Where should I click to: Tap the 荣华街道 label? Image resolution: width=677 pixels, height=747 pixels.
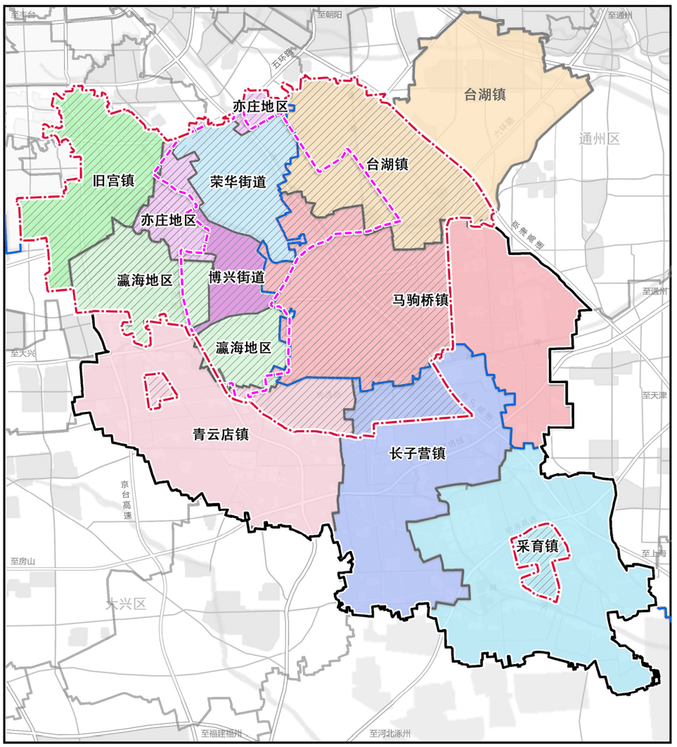238,181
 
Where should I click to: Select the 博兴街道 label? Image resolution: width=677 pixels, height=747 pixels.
236,278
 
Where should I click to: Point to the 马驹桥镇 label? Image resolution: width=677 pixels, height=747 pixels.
420,299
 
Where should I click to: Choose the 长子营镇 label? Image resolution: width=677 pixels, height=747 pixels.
418,453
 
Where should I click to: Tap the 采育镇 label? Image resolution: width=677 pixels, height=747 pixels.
536,546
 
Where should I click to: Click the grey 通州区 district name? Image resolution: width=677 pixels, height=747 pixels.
600,138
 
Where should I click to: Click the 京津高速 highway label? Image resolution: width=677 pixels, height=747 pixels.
527,234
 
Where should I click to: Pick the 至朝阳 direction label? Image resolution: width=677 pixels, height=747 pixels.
329,14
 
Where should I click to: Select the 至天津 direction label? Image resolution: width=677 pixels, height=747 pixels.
653,396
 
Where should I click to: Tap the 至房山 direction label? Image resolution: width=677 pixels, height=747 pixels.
22,561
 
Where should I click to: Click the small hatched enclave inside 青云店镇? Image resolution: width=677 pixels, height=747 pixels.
160,389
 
